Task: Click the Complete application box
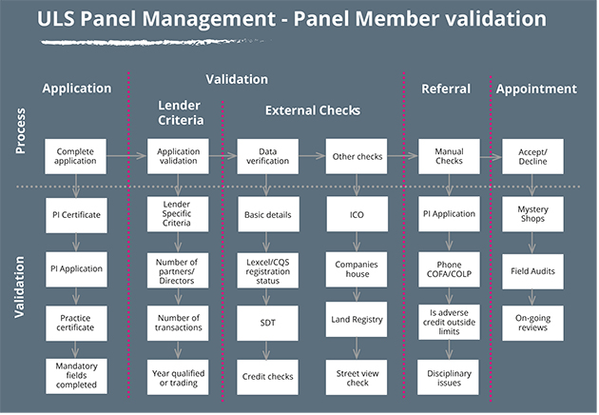coord(76,156)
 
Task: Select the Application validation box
coord(178,156)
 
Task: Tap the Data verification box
coord(267,156)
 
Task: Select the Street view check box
coord(357,375)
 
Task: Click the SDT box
coord(267,321)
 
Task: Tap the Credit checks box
coord(267,375)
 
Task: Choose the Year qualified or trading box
coord(178,375)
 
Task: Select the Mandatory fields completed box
coord(76,375)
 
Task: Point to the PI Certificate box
coord(76,213)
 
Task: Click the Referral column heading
coord(447,89)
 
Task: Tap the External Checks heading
coord(313,110)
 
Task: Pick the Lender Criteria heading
coord(178,112)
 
